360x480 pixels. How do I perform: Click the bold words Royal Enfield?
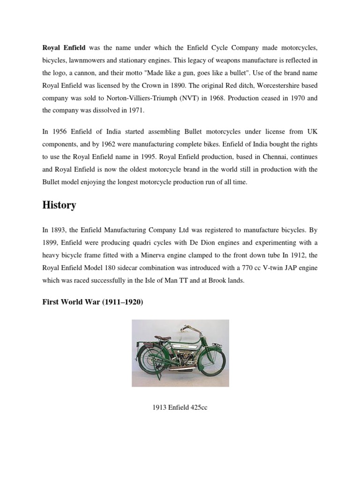tap(63, 48)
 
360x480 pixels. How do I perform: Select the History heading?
tap(60, 205)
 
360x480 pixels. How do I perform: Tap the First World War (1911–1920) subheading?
tap(92, 302)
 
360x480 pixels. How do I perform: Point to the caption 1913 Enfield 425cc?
tap(180, 407)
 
